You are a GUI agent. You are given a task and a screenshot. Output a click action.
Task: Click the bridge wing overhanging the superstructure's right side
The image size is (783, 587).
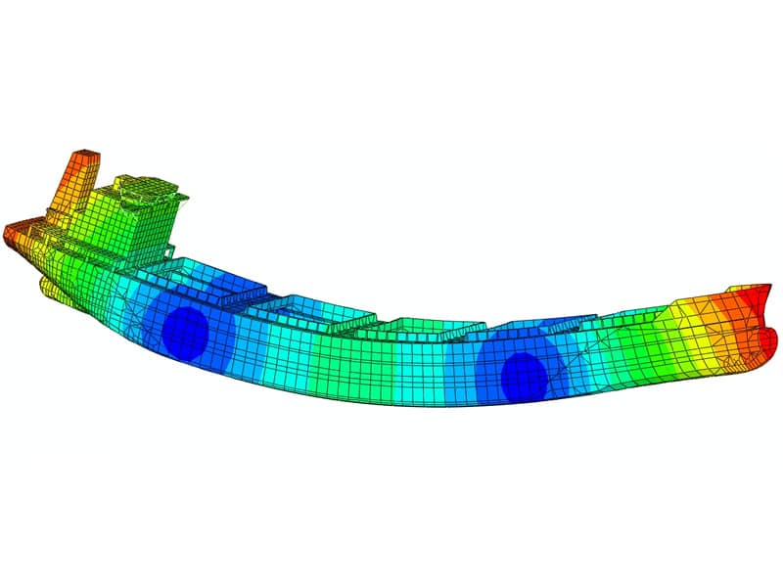pos(180,202)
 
